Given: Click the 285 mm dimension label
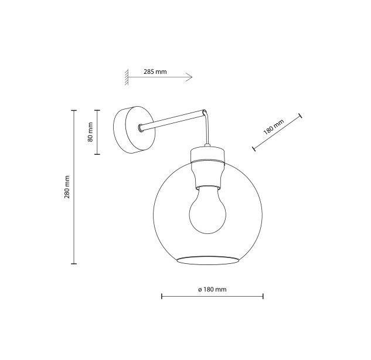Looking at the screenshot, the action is click(155, 72).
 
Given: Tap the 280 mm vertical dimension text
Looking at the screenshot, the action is click(67, 187).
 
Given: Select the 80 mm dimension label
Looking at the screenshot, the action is click(90, 132).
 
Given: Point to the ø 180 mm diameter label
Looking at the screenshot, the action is click(212, 289).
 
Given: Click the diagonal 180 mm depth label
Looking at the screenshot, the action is click(274, 127).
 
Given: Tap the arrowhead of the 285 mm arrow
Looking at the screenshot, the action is click(189, 77).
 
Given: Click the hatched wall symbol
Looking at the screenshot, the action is click(127, 77).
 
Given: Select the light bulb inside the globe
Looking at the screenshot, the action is click(207, 210).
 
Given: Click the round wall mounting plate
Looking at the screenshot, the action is click(134, 130).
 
